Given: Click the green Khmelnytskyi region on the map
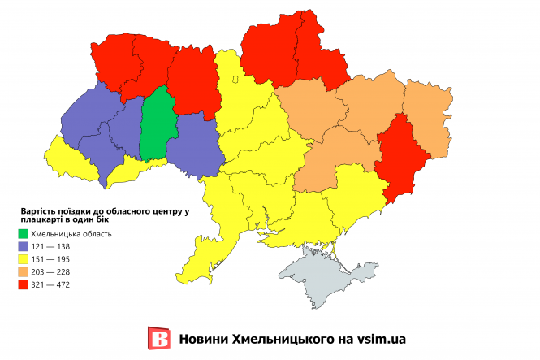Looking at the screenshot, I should pyautogui.click(x=156, y=126).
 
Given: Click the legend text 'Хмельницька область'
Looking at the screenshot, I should pyautogui.click(x=76, y=234).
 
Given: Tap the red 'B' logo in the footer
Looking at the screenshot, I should pyautogui.click(x=160, y=339).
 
